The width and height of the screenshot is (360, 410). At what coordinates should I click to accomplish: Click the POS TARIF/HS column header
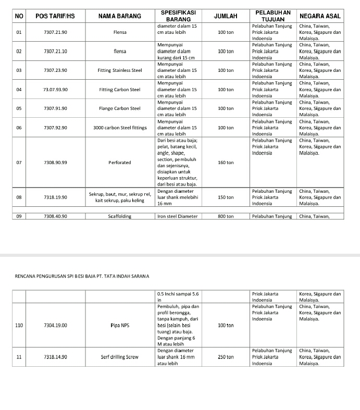[x=55, y=17]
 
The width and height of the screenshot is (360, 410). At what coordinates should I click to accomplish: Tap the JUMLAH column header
[x=226, y=17]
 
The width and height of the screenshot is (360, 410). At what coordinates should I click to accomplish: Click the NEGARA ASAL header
[x=320, y=17]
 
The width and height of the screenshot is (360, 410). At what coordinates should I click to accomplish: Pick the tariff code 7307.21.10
[x=55, y=52]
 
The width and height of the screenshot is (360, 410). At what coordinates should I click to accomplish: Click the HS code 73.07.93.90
[x=55, y=90]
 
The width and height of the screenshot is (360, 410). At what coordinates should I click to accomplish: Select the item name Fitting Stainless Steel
[x=119, y=70]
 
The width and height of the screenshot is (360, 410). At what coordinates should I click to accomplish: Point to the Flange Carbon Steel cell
[x=119, y=108]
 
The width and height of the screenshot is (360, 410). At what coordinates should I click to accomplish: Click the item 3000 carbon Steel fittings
[x=119, y=128]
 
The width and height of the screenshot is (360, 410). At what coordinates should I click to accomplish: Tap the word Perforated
[x=119, y=163]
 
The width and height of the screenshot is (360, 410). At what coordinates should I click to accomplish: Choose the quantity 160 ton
[x=226, y=163]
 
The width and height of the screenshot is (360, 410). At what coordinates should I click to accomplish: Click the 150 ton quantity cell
[x=226, y=197]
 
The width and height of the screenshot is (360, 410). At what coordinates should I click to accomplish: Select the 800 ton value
[x=226, y=216]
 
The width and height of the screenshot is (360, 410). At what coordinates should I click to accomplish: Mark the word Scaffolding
[x=119, y=216]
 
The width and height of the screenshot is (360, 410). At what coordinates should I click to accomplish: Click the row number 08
[x=19, y=197]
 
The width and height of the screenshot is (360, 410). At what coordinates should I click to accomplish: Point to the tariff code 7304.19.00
[x=55, y=325]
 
